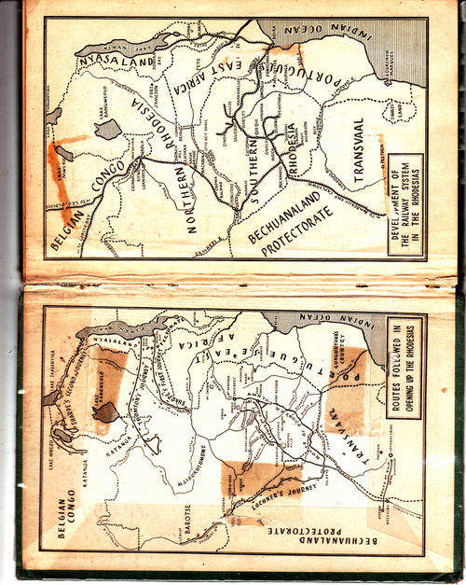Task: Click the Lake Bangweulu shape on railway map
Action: click(108, 129)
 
